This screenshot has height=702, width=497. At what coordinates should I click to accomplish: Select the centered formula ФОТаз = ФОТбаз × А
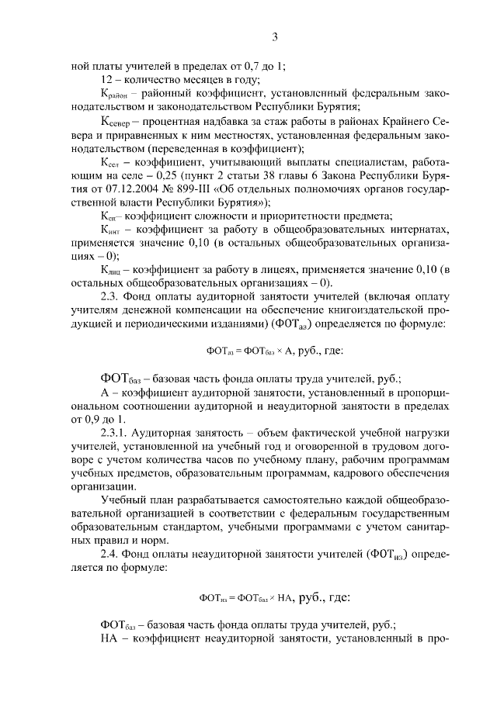point(274,350)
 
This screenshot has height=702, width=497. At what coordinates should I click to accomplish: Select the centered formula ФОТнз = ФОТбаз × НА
point(274,598)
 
